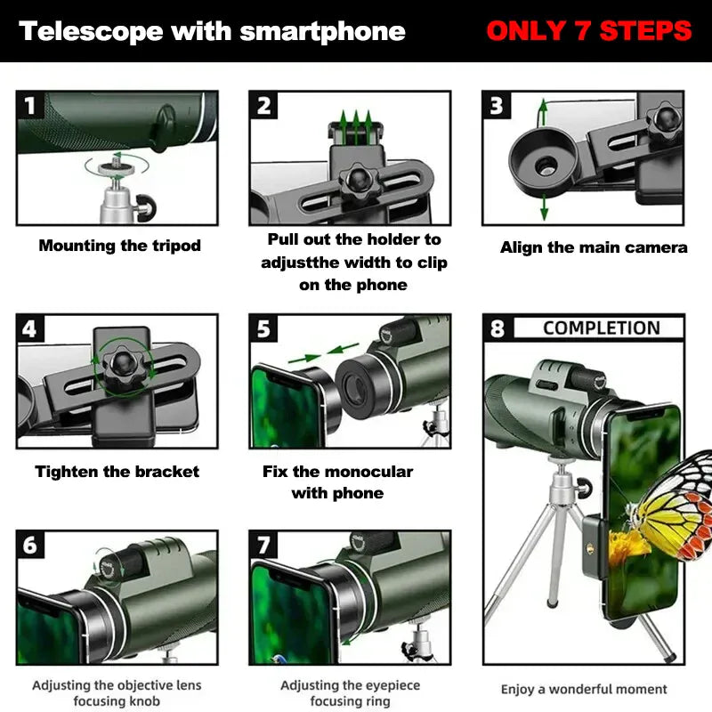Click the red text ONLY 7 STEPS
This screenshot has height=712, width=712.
[x=588, y=31]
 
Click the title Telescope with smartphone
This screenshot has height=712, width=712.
[x=212, y=32]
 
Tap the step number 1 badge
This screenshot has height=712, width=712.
[x=31, y=107]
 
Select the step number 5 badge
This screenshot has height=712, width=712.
[x=264, y=329]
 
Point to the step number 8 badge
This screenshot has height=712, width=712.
[x=497, y=329]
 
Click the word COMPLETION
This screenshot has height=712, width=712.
[x=601, y=328]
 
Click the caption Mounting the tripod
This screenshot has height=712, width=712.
[x=119, y=246]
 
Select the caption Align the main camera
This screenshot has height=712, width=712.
[x=594, y=247]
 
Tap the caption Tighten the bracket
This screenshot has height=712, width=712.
[x=117, y=472]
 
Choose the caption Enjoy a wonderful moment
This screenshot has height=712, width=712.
[x=584, y=689]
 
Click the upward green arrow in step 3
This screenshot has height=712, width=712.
[x=542, y=113]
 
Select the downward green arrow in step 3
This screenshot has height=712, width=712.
[x=544, y=210]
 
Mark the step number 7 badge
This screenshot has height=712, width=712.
[x=264, y=545]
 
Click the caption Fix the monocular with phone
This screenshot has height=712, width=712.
[x=337, y=482]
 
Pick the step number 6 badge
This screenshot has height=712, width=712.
[x=31, y=545]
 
